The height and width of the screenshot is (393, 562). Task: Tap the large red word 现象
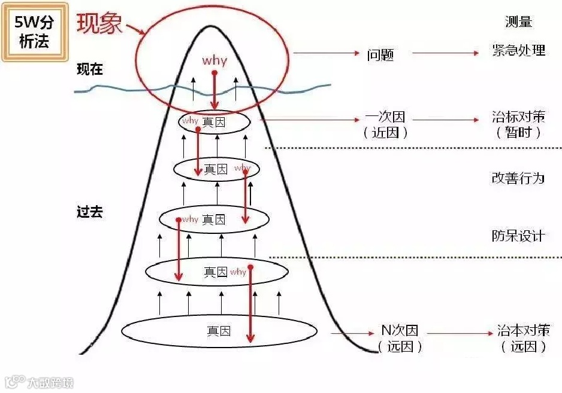click(99, 23)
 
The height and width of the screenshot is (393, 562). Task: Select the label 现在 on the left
click(90, 69)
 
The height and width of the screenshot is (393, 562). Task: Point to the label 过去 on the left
click(90, 212)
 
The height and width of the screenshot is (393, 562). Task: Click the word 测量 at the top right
click(519, 22)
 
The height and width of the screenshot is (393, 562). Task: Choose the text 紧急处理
click(518, 51)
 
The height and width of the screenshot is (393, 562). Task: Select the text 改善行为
click(518, 178)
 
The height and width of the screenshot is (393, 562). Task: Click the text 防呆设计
click(518, 236)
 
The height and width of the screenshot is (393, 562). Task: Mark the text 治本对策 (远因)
click(523, 339)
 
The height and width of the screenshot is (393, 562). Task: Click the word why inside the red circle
click(214, 61)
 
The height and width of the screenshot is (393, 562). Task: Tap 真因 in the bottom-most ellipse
click(219, 330)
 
